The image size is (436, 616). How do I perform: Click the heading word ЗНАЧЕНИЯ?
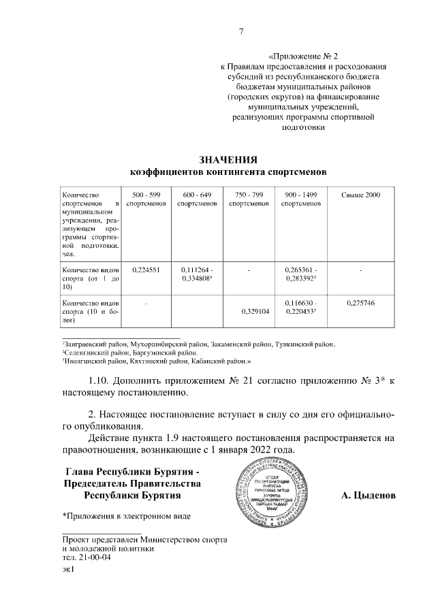pos(228,159)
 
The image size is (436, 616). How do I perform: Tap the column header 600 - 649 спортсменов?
pos(197,199)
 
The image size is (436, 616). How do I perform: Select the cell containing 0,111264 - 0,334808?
pos(197,274)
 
